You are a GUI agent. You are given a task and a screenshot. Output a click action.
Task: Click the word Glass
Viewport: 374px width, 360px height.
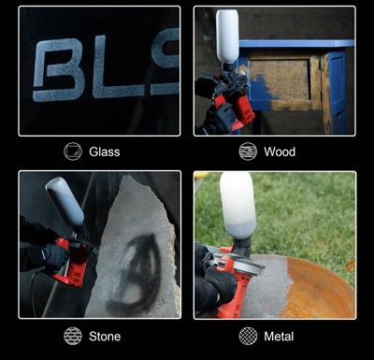105,151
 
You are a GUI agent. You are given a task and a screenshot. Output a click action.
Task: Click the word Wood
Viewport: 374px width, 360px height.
280,151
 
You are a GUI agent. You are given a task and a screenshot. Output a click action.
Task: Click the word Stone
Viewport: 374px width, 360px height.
105,337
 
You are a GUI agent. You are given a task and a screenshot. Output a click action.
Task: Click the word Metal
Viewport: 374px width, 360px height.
279,337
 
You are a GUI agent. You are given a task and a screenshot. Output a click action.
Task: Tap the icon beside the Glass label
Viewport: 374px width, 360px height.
73,151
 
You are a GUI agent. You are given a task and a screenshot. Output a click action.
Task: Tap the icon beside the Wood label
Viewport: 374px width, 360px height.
248,151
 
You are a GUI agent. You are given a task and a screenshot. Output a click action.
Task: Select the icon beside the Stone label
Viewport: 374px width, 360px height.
73,336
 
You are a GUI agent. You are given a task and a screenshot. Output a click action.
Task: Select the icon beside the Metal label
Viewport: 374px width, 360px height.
248,336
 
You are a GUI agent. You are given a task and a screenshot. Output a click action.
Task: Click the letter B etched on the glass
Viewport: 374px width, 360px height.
59,70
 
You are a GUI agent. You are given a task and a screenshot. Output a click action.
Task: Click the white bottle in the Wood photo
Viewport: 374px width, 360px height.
227,36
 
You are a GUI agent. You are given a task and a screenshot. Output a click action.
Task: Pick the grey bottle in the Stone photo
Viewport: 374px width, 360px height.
65,201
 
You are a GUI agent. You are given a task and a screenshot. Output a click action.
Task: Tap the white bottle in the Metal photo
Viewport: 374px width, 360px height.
237,205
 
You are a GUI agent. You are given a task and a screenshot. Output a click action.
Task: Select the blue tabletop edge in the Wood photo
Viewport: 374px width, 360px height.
296,43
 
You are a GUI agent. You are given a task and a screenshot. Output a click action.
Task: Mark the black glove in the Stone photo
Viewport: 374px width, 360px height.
54,256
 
